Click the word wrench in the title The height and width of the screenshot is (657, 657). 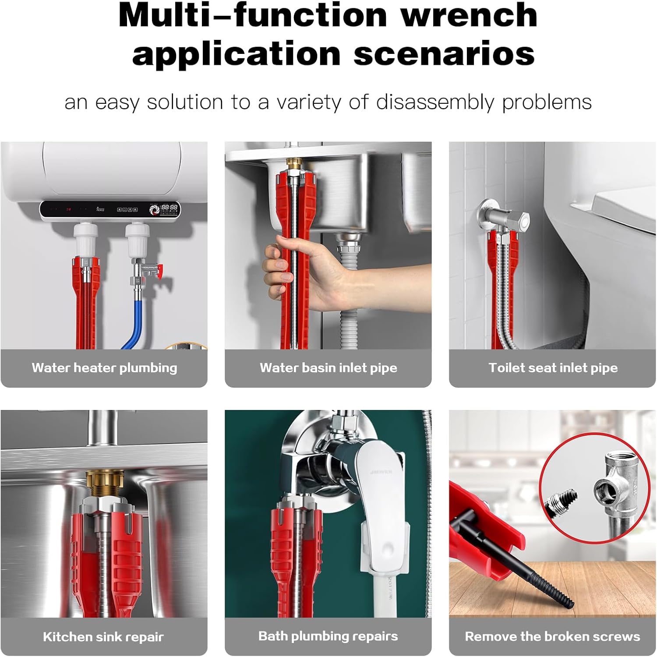click(x=469, y=16)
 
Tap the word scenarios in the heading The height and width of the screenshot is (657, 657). click(x=444, y=54)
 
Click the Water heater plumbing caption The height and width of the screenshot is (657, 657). click(x=104, y=368)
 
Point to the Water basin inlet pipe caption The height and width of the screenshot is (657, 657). click(x=328, y=368)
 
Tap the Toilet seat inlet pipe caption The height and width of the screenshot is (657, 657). click(x=553, y=368)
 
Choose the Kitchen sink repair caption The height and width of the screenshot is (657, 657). click(x=103, y=637)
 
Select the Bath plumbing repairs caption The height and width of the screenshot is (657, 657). click(x=328, y=636)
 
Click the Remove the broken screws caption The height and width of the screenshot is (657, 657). click(x=553, y=636)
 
